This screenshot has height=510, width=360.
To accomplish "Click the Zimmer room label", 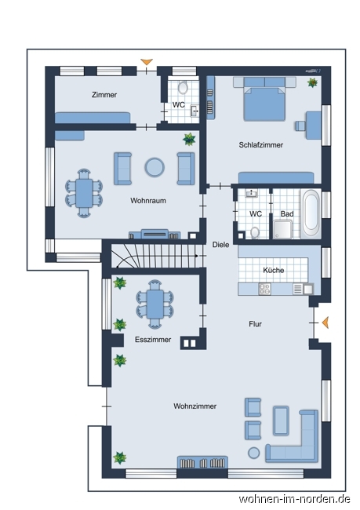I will click(x=104, y=95).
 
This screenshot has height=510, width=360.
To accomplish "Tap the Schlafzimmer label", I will click(x=261, y=145).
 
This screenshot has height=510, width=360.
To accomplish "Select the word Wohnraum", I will click(x=148, y=201).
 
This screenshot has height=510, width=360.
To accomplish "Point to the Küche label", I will click(x=274, y=270).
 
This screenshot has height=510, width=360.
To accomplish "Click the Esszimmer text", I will click(x=153, y=340).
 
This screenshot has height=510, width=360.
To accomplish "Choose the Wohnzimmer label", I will click(x=195, y=406).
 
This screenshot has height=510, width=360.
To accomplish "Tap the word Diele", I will click(x=220, y=244).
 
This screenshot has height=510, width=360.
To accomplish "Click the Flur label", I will click(x=256, y=323).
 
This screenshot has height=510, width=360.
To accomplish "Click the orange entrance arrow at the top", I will click(x=145, y=61).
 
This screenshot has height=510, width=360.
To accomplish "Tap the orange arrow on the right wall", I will click(x=325, y=322).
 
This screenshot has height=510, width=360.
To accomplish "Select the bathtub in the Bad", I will click(x=311, y=213).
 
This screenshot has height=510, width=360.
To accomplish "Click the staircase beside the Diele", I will click(x=152, y=257).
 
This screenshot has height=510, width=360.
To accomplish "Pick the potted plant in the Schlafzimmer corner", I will click(x=313, y=82).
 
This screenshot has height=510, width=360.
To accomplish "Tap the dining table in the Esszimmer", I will click(x=154, y=303).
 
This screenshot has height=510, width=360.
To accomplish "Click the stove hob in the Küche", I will click(x=265, y=289).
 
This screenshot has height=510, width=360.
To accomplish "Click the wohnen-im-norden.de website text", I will click(x=294, y=499).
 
